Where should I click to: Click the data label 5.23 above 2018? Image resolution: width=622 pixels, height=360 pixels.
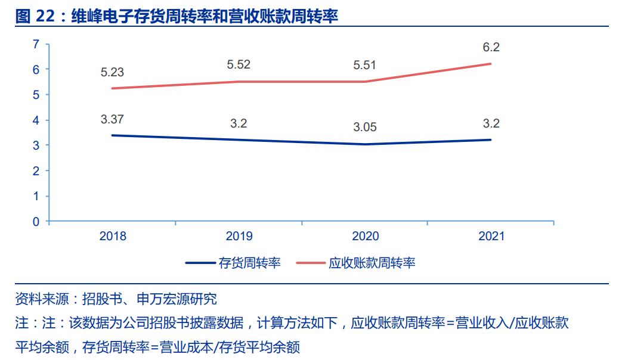pos(112,73)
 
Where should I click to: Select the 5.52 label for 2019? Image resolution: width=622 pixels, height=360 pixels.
pos(239,65)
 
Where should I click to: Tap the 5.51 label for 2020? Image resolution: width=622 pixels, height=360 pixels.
pos(364,65)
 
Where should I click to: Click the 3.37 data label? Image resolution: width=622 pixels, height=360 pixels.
pos(112,119)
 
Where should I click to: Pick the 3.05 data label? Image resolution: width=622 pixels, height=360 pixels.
pos(364,128)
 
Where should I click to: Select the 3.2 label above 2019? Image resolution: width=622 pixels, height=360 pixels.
pos(239,124)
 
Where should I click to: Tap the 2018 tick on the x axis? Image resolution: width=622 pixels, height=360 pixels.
pos(113,236)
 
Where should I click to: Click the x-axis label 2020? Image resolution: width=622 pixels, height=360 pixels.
pos(365,236)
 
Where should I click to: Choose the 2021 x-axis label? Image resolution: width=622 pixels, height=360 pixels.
pos(491,236)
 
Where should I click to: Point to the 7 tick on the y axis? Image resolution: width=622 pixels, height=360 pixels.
pos(36,44)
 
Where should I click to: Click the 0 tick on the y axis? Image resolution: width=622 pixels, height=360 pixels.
pos(36,222)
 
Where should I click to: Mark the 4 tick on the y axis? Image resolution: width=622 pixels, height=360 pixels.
pos(36,120)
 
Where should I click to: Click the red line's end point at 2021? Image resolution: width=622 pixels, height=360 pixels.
pos(491,64)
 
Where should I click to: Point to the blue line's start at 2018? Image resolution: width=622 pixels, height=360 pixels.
pos(113,135)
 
